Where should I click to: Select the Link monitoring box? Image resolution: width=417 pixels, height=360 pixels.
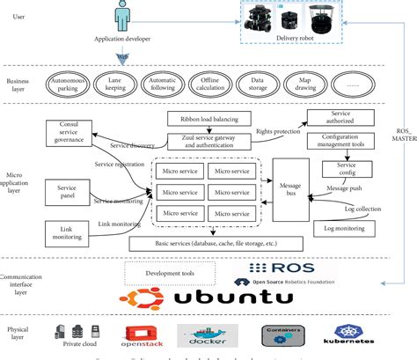(x=68, y=231)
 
